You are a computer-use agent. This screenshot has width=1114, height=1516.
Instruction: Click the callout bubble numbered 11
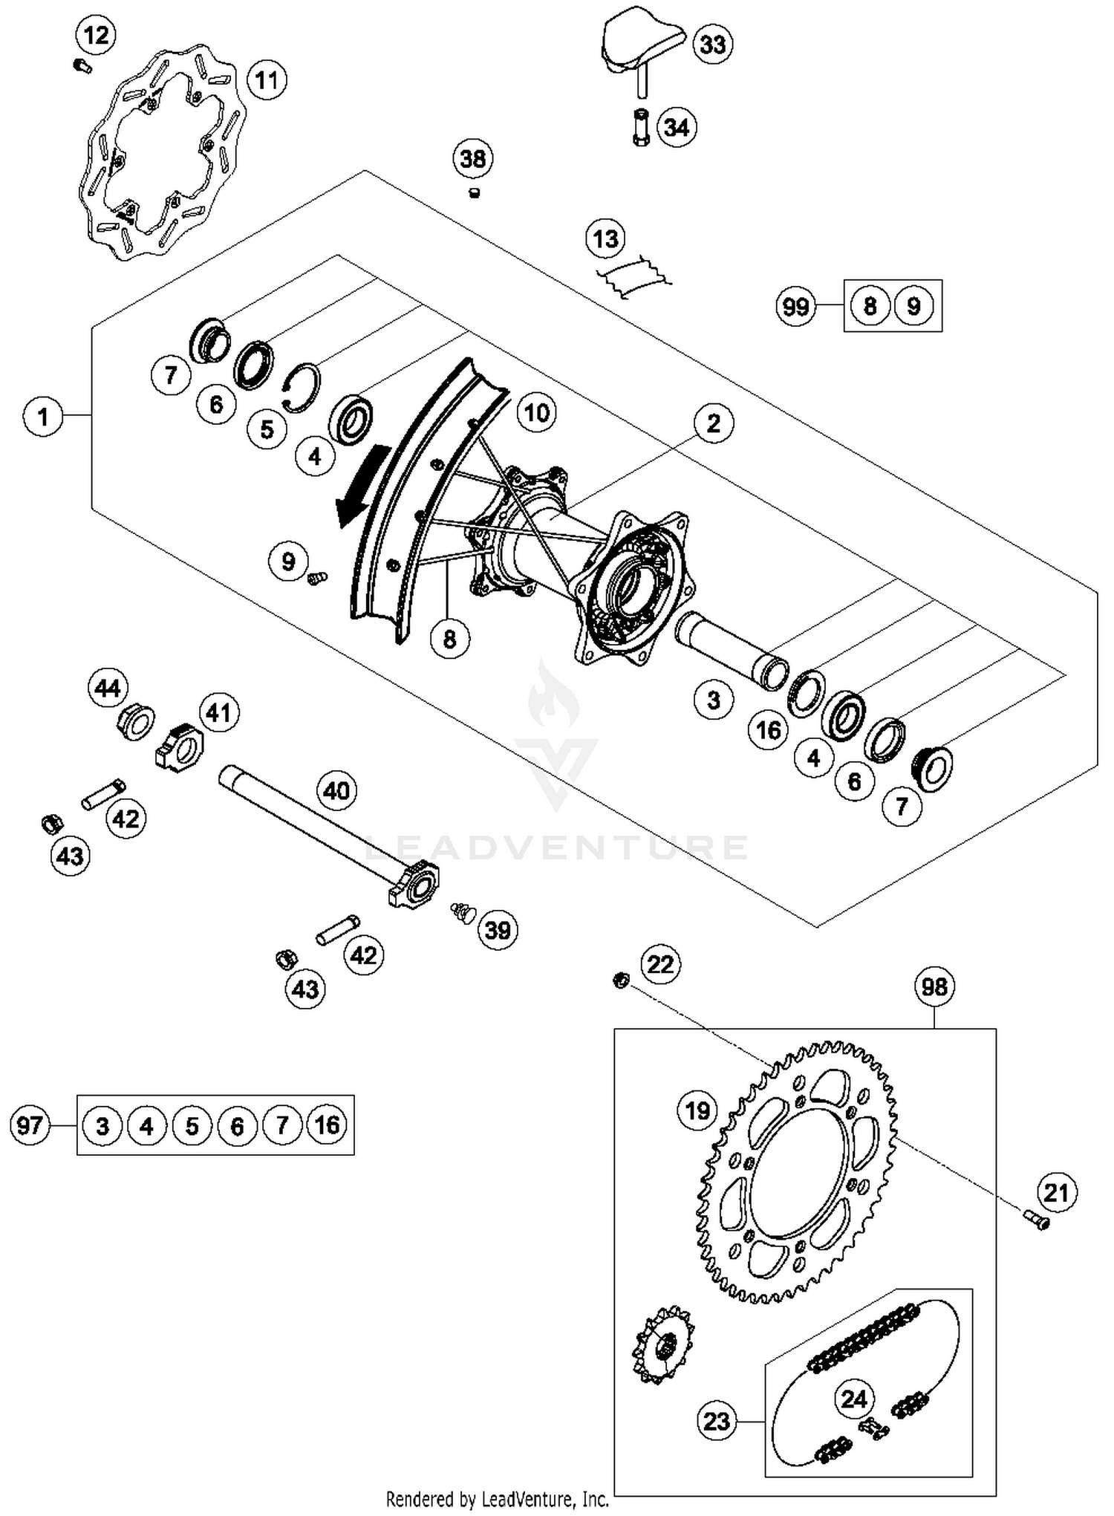(267, 79)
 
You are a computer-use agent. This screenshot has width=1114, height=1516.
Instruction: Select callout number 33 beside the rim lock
(712, 45)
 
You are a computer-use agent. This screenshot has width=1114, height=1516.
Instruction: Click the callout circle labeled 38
(473, 158)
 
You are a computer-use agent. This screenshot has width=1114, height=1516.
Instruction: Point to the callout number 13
(605, 239)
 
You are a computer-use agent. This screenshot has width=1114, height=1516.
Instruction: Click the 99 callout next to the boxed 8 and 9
(795, 306)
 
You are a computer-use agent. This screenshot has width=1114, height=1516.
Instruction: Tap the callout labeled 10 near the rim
(537, 412)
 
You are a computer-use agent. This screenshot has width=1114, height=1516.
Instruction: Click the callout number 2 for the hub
(713, 423)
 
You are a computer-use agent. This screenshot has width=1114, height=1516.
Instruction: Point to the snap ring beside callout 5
(304, 385)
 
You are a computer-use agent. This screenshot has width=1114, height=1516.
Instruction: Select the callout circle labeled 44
(108, 688)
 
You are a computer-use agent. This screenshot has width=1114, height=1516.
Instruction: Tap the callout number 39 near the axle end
(498, 930)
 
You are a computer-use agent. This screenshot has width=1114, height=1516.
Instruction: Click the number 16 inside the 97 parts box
(327, 1125)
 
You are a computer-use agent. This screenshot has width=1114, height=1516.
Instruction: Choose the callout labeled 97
(30, 1125)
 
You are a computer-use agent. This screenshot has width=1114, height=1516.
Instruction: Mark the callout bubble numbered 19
(697, 1111)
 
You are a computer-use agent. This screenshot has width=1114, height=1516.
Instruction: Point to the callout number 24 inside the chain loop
(854, 1399)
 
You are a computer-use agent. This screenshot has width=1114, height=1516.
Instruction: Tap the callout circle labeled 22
(660, 964)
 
